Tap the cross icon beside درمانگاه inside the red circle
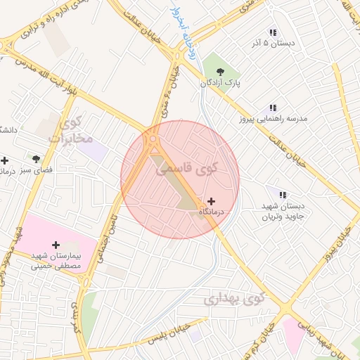pos(211,201)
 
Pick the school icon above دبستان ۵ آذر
pos(273,32)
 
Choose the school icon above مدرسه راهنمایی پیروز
pos(272,108)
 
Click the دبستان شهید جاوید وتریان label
pos(282,212)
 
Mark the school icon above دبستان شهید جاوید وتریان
pos(283,195)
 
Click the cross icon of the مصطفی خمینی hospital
pos(56,244)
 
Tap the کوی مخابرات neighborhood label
pos(70,131)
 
